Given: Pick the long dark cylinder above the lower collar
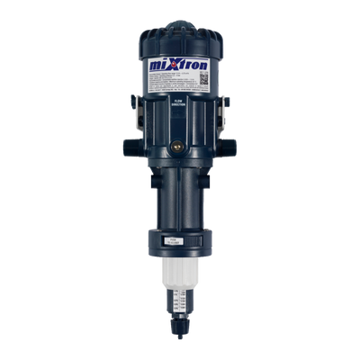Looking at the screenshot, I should tap(181, 198).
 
